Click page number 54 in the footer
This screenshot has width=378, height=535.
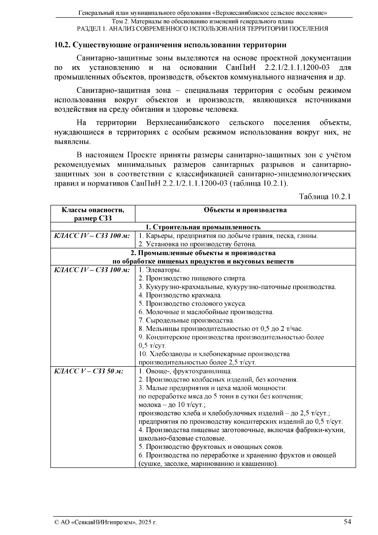347,522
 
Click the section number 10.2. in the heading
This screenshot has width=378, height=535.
62,45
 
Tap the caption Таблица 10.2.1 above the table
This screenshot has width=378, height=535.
325,197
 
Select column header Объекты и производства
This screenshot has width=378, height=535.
245,210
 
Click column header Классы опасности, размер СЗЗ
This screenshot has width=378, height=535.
93,214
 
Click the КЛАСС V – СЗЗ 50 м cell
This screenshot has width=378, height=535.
89,371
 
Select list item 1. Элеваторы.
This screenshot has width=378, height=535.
160,270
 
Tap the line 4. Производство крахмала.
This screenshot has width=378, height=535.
180,295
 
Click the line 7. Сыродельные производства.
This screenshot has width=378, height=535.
186,320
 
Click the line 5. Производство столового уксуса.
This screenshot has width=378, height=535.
192,304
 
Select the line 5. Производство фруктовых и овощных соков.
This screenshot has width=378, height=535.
211,446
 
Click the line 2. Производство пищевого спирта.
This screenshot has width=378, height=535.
192,279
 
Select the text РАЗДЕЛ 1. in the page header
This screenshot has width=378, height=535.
90,29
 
